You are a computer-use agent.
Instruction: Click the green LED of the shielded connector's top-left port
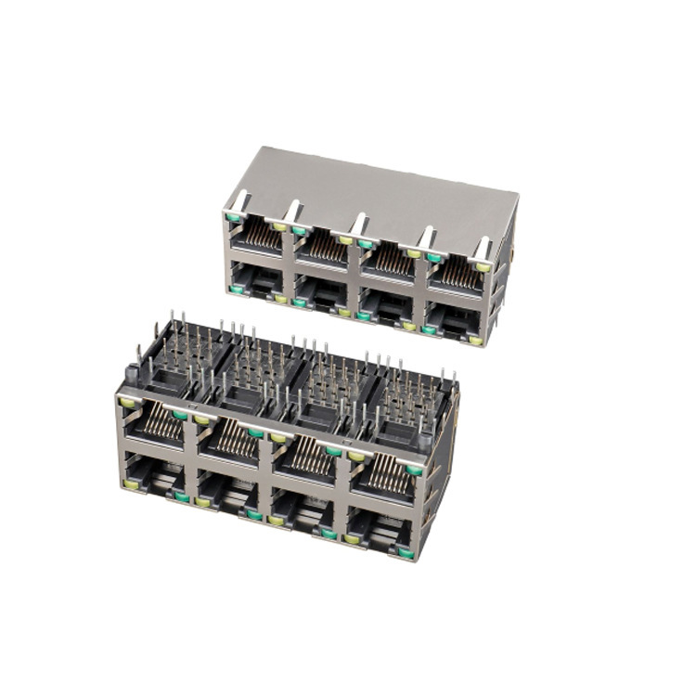(x=233, y=220)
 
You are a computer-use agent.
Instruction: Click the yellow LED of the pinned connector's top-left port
(x=126, y=402)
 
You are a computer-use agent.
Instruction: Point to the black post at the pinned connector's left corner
(x=131, y=374)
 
